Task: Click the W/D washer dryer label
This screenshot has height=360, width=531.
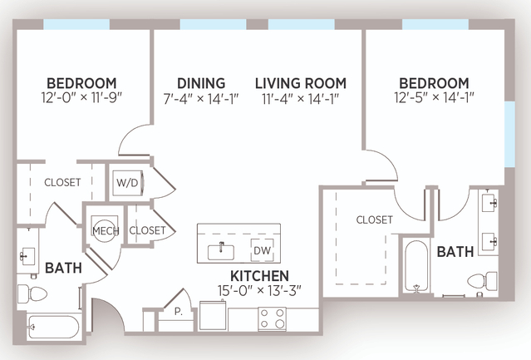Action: tap(127, 183)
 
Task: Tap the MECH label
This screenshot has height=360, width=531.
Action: tap(106, 231)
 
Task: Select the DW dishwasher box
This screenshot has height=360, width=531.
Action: tap(262, 250)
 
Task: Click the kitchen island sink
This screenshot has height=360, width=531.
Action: tap(221, 252)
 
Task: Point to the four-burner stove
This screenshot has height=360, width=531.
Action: tap(273, 318)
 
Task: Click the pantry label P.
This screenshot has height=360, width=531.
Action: tap(178, 312)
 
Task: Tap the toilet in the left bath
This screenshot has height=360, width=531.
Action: tap(32, 293)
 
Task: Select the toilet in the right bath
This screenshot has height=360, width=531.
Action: tap(482, 281)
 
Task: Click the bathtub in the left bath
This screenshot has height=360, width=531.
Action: tap(53, 327)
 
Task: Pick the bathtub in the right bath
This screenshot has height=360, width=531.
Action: tap(416, 266)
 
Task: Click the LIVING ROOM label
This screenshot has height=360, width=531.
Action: tap(301, 83)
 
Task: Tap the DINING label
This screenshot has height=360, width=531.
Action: tap(201, 83)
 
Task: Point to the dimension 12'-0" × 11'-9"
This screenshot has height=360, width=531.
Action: tap(81, 97)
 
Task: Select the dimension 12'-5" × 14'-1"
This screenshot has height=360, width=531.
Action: tap(434, 97)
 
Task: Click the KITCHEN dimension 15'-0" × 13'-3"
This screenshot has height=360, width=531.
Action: tap(259, 290)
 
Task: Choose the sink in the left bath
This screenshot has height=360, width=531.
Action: tap(27, 256)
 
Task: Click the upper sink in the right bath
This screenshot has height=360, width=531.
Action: tap(489, 203)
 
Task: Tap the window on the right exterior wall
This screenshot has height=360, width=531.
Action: tap(509, 134)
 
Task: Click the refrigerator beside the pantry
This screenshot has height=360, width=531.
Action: tap(213, 316)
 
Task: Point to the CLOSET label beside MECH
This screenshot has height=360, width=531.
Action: tap(147, 230)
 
